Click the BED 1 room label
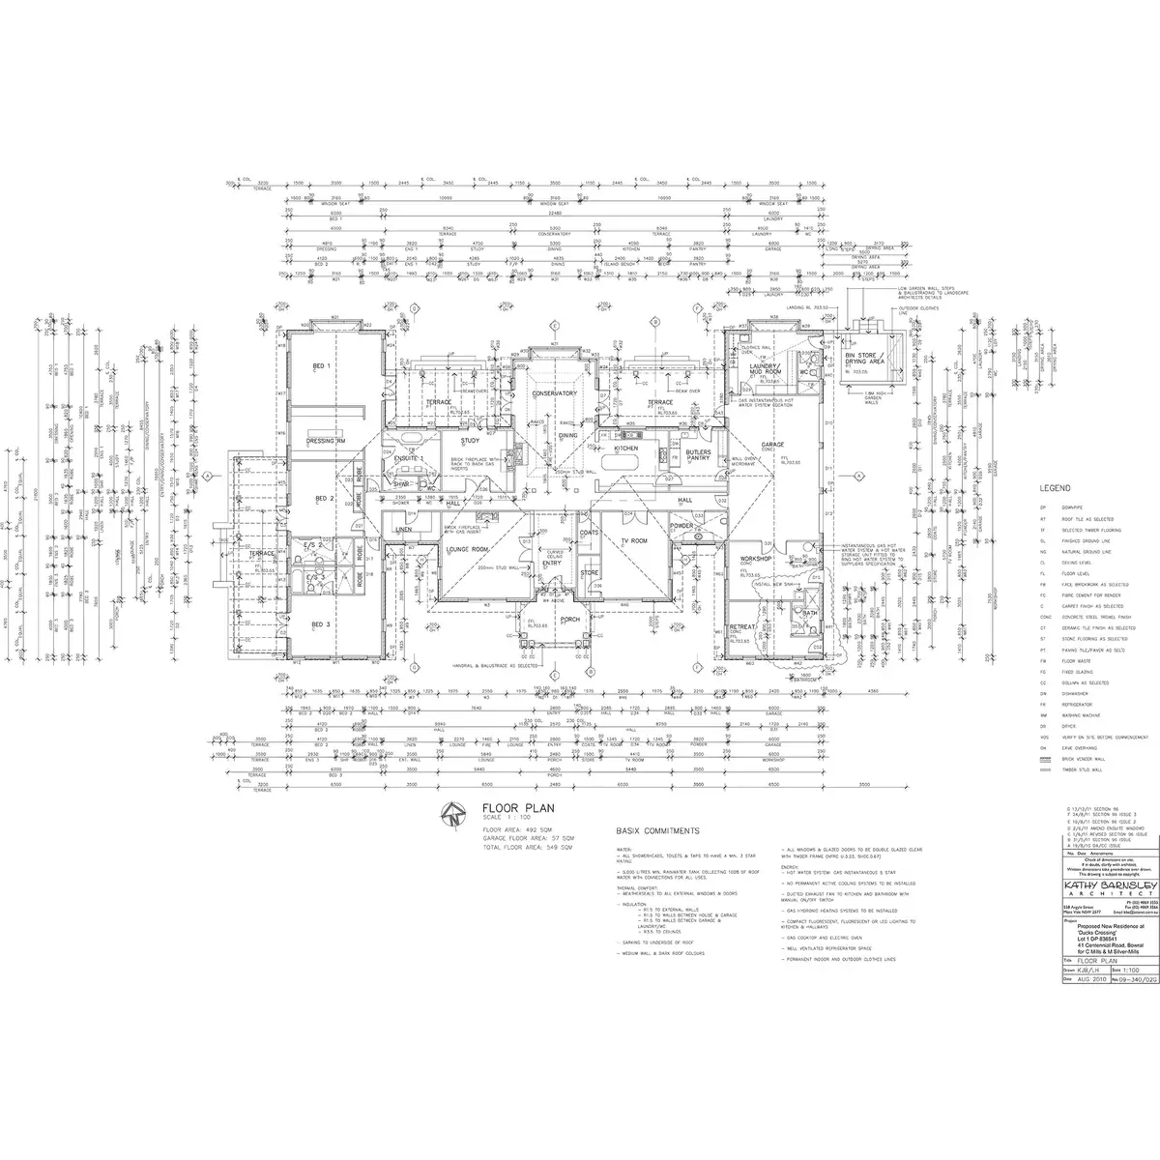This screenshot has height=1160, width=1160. tap(322, 367)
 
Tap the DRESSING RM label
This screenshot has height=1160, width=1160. tap(328, 441)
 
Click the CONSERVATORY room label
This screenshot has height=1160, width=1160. tap(555, 393)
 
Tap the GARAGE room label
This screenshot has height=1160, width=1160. tap(772, 446)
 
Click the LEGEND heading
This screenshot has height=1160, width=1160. tap(1056, 489)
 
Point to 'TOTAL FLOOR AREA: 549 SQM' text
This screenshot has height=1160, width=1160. tap(528, 846)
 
